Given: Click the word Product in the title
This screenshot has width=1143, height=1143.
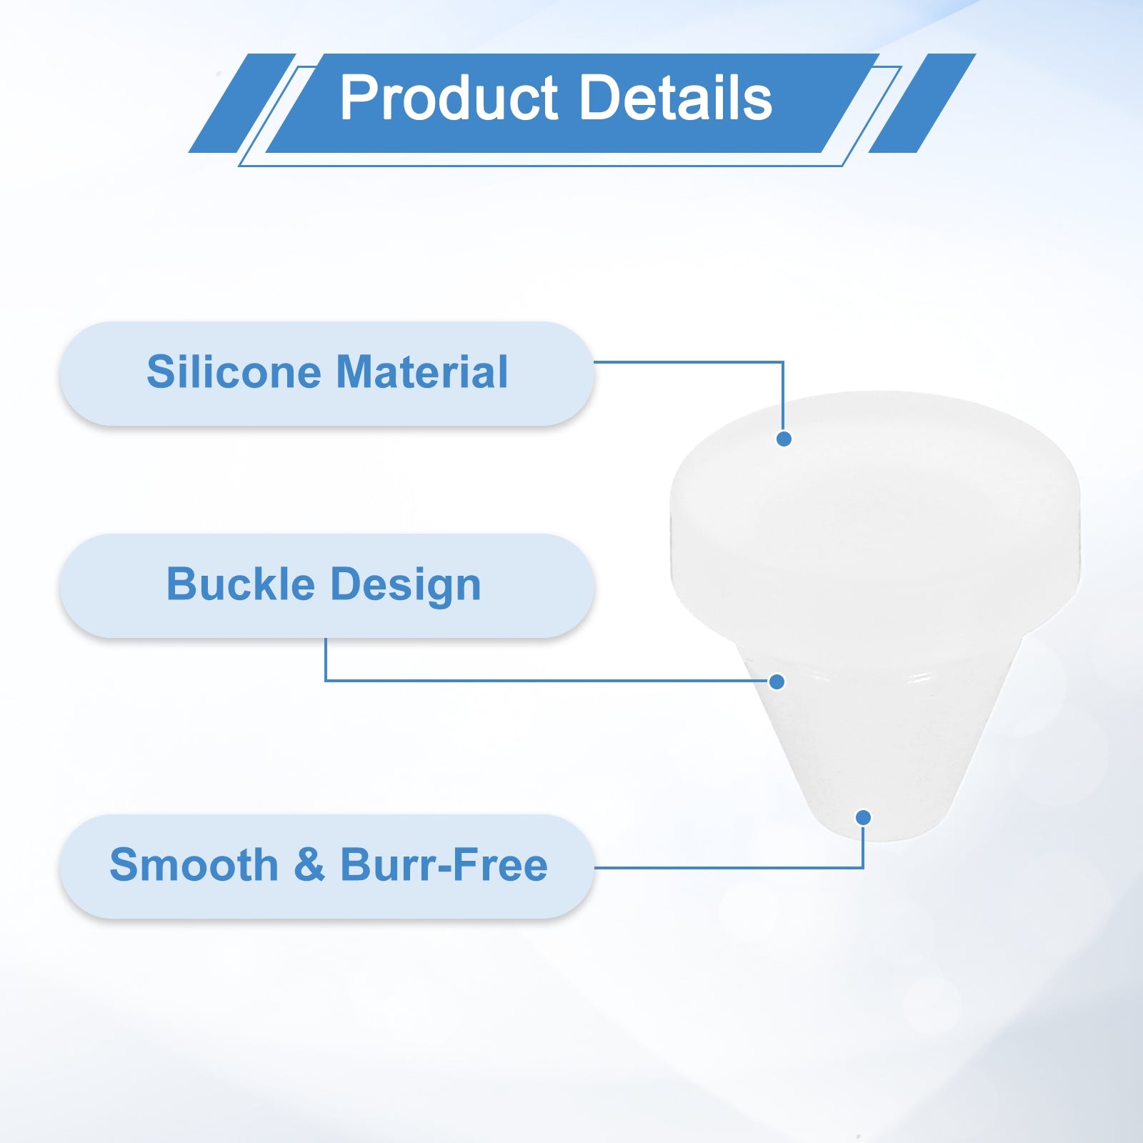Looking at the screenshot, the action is pyautogui.click(x=449, y=98).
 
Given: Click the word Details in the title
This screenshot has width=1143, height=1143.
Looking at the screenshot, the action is pyautogui.click(x=676, y=98).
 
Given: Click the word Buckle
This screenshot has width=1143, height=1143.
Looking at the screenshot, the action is pyautogui.click(x=241, y=584).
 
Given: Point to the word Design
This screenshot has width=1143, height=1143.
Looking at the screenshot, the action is pyautogui.click(x=406, y=586).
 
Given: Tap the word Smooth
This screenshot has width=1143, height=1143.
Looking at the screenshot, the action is pyautogui.click(x=194, y=865).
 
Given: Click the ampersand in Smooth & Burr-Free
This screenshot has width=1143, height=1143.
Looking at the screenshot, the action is pyautogui.click(x=309, y=865).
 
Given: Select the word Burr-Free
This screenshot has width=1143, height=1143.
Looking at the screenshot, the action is pyautogui.click(x=444, y=865).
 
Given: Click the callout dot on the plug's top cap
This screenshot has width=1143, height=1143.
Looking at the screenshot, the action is pyautogui.click(x=784, y=439).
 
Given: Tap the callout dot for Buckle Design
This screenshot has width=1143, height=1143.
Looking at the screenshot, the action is pyautogui.click(x=777, y=682).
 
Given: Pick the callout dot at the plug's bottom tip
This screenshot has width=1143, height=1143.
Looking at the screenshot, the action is pyautogui.click(x=863, y=817).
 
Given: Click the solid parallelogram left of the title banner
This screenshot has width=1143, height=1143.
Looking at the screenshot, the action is pyautogui.click(x=242, y=103).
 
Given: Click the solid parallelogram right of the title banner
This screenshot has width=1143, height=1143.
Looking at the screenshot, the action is pyautogui.click(x=922, y=103).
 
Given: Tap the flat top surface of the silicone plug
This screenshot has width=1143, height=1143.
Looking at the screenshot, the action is pyautogui.click(x=875, y=457).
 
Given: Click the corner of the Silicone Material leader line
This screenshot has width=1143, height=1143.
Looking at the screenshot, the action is pyautogui.click(x=783, y=362).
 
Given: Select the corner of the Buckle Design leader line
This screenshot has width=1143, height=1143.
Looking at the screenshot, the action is pyautogui.click(x=326, y=680).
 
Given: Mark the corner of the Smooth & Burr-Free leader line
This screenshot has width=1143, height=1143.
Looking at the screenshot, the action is pyautogui.click(x=863, y=868).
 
